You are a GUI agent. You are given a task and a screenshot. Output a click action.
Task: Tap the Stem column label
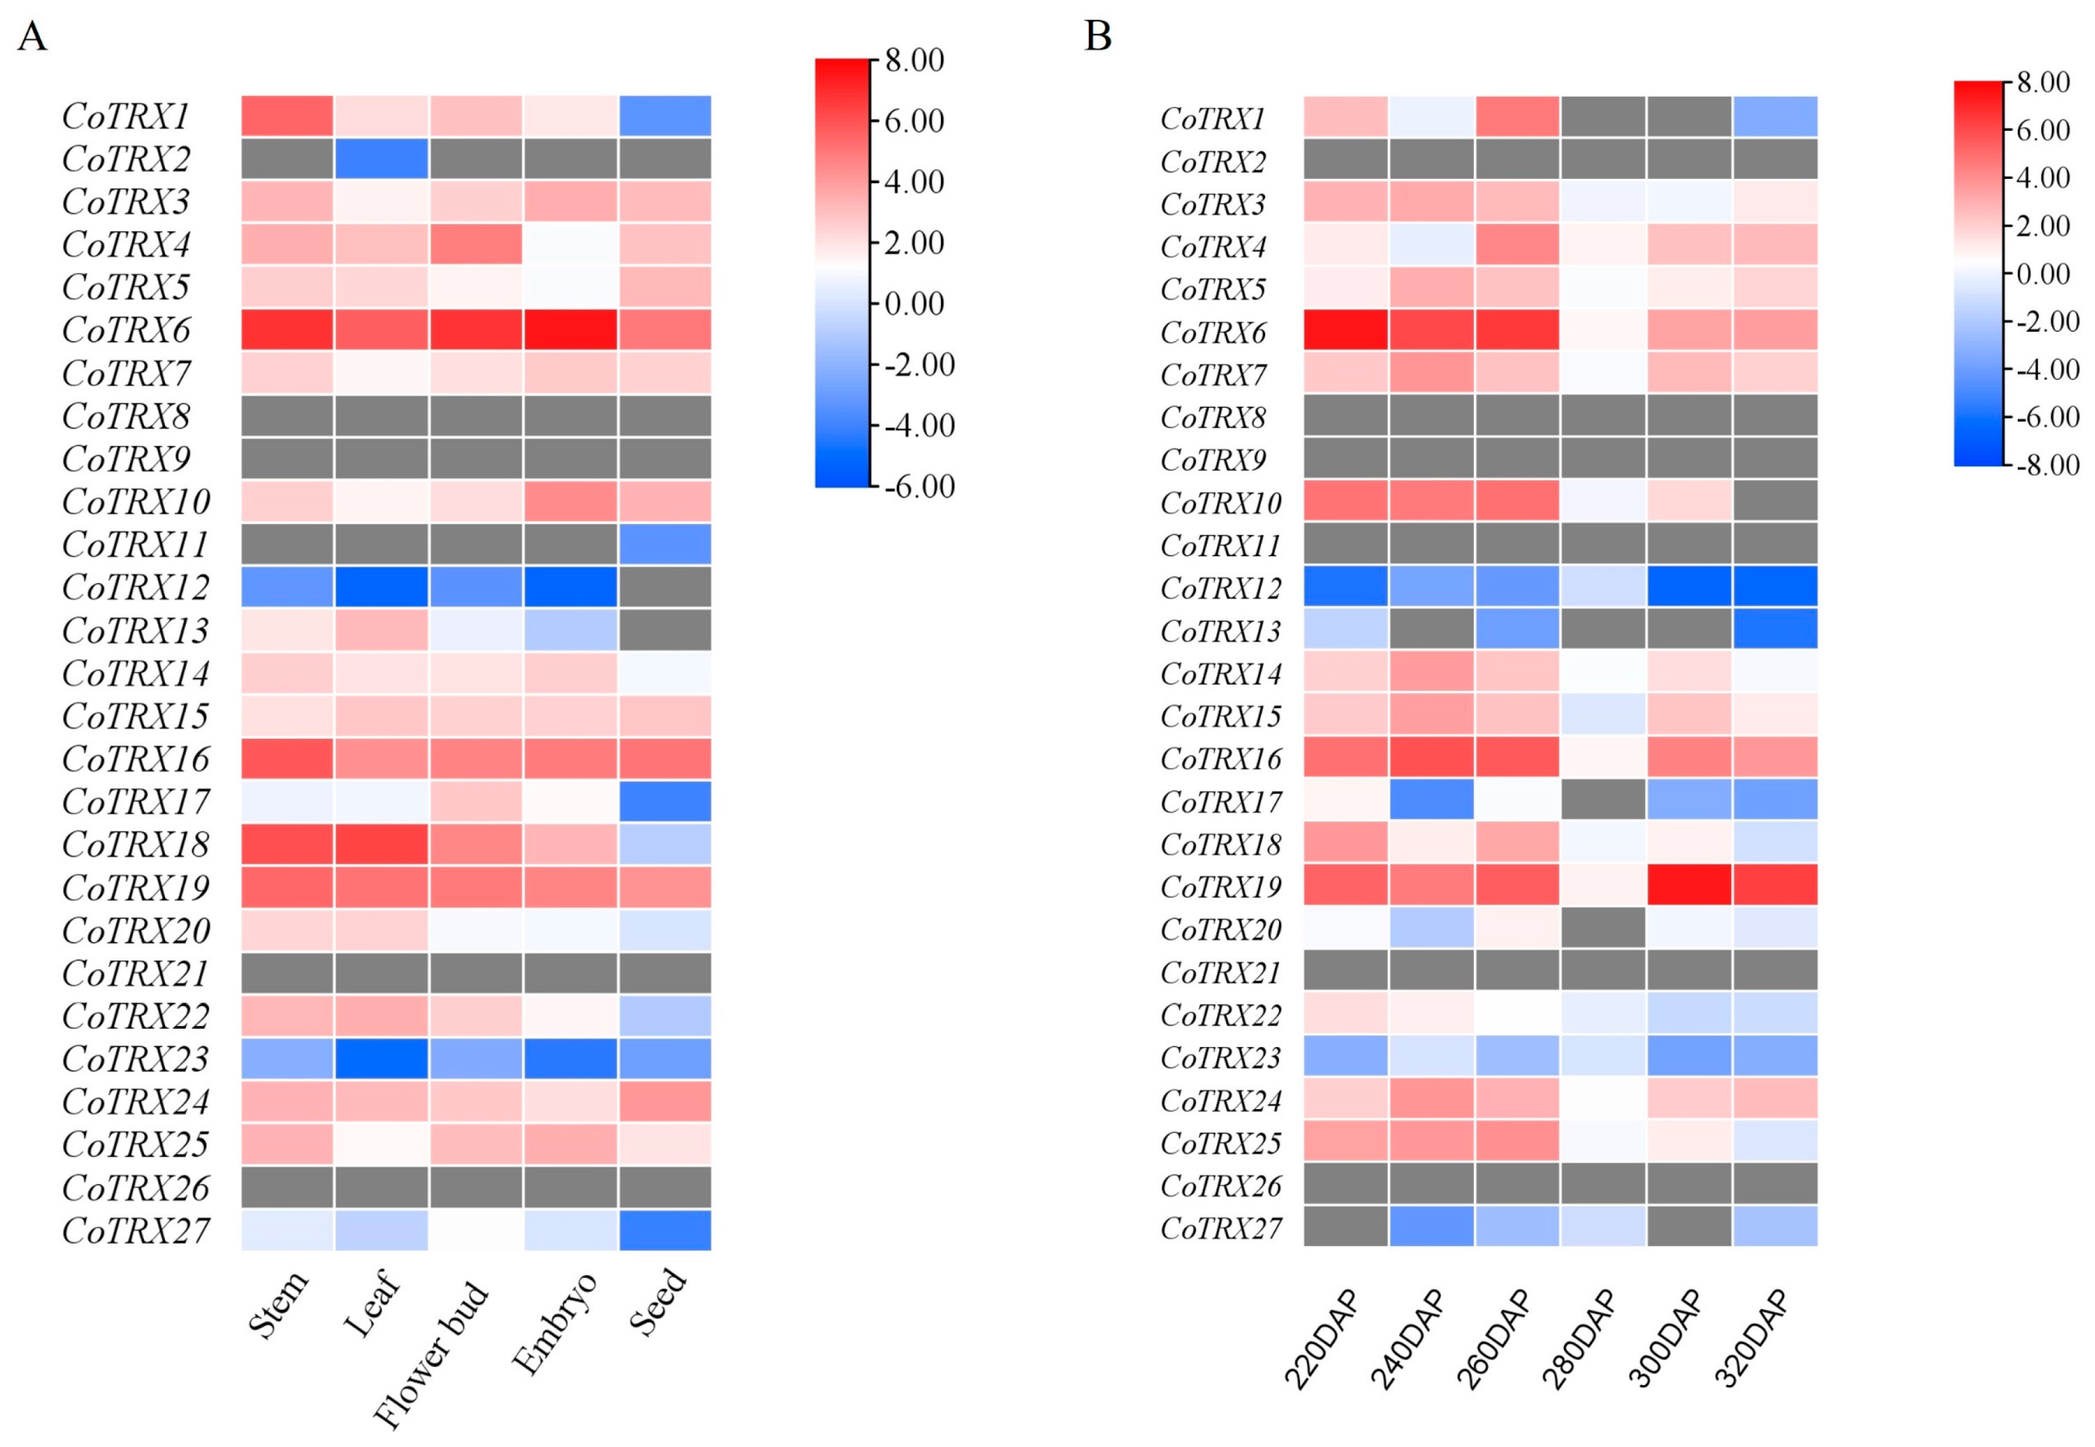277,1305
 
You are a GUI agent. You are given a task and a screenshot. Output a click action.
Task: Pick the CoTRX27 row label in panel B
1220,1228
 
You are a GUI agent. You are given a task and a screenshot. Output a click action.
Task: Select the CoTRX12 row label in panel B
1220,588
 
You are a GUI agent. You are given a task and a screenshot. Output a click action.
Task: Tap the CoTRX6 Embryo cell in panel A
570,330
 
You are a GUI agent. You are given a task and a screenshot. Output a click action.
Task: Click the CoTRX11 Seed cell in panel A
664,544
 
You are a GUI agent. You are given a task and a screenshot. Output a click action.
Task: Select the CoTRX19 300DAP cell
1689,885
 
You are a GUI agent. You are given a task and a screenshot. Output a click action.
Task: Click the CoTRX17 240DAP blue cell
1431,800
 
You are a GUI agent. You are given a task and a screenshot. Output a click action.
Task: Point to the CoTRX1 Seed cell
664,116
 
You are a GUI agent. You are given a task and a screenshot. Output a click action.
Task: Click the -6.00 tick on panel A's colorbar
918,487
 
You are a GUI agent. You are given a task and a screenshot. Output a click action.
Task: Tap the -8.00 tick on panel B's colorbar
2047,465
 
